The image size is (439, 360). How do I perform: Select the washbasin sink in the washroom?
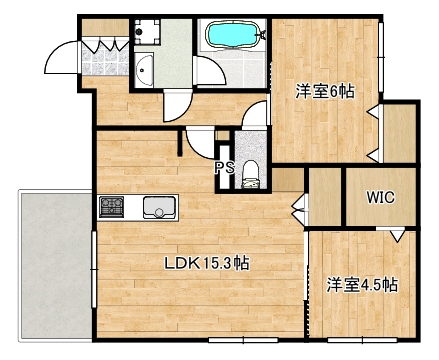tap(146, 70)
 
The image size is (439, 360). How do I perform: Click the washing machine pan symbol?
tap(147, 32)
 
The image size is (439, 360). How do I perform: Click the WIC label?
tap(379, 198)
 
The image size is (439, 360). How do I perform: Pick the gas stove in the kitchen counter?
tap(111, 208)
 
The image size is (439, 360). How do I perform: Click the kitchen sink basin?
tap(158, 208)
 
